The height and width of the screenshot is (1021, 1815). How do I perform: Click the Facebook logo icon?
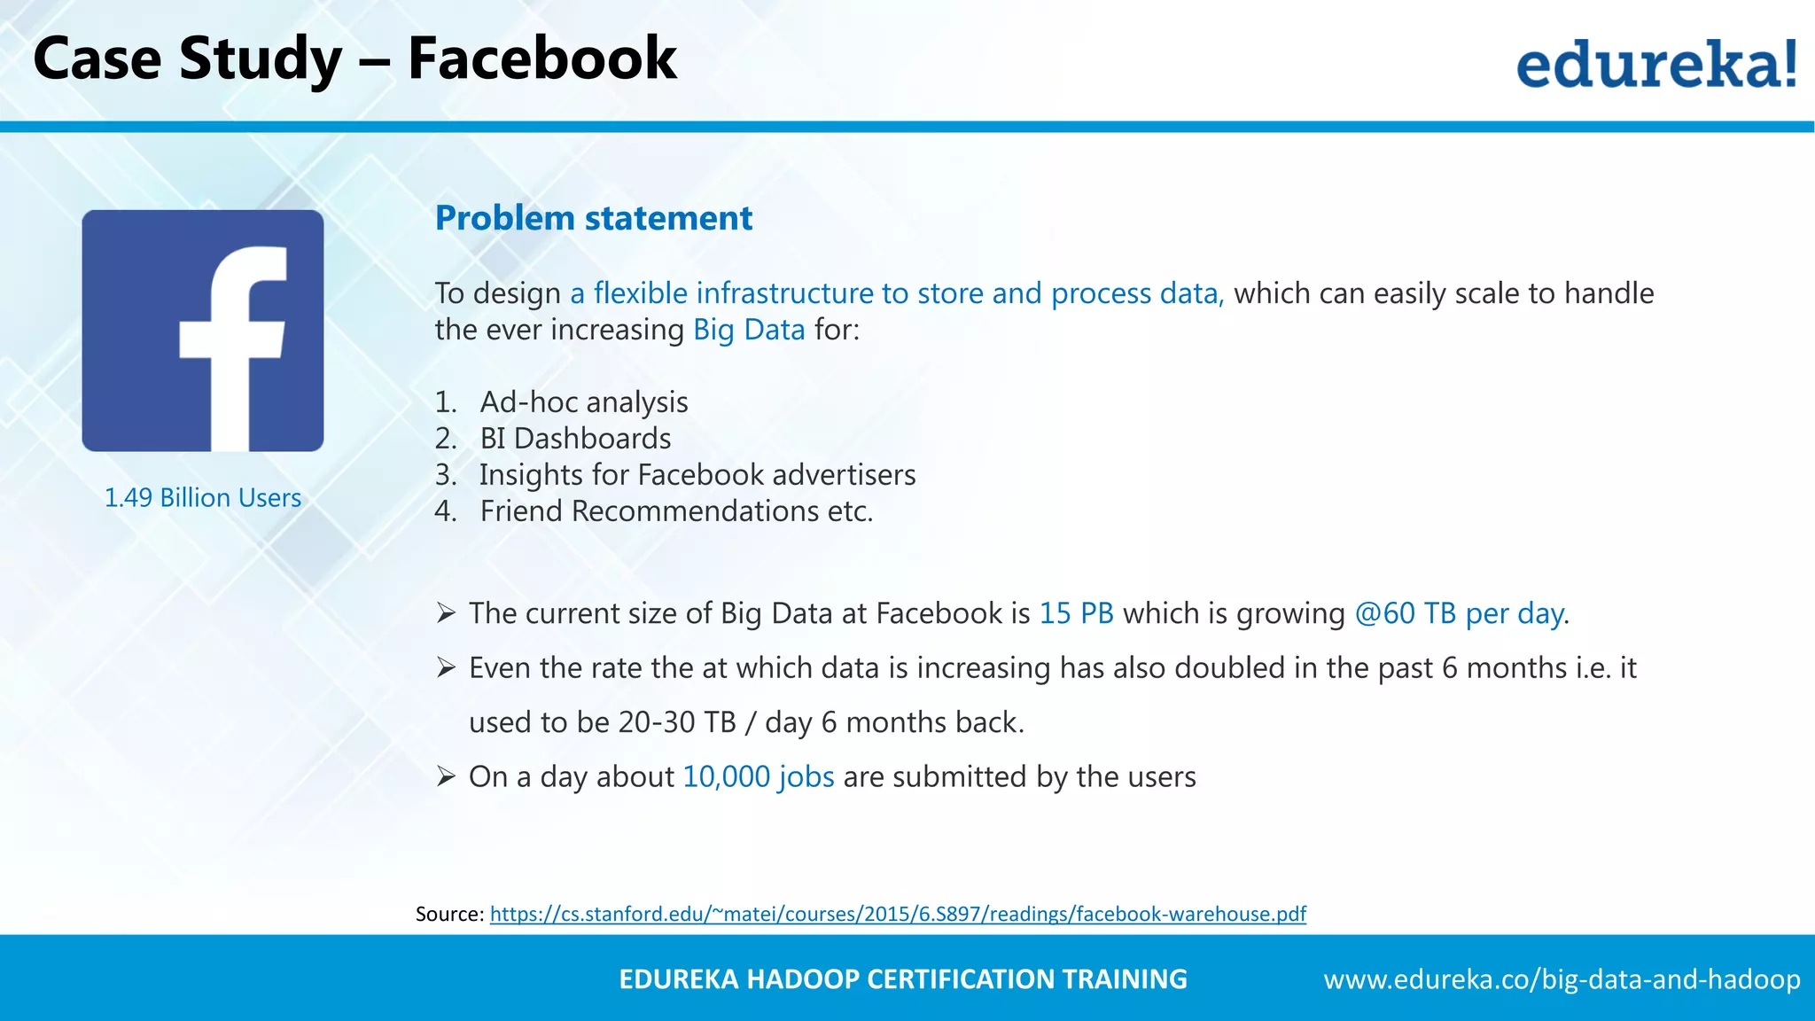coord(203,331)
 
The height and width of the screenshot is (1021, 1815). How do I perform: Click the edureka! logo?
coord(1656,64)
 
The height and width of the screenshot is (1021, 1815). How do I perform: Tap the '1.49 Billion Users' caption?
coord(203,498)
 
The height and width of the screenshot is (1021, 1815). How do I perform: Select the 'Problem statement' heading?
coord(593,218)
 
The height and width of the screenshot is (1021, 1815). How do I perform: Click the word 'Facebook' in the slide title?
coord(541,58)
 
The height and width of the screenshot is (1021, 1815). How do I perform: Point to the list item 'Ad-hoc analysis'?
coord(584,402)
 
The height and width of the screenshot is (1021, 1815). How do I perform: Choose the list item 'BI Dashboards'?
coord(575,439)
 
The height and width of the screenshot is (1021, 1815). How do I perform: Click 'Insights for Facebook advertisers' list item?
coord(697,475)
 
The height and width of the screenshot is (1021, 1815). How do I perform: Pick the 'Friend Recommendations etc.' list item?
coord(676,511)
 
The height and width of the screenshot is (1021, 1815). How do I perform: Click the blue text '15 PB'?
coord(1076,613)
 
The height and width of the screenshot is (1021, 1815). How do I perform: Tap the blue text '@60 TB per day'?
coord(1459,613)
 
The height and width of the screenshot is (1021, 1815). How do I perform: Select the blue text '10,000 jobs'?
coord(759,777)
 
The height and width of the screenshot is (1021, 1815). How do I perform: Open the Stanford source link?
coord(898,914)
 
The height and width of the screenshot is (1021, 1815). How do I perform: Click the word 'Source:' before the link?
coord(450,914)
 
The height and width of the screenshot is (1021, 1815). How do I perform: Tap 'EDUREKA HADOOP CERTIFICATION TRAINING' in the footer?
coord(902,979)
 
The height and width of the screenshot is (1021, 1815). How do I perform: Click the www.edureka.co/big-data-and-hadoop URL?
coord(1562,979)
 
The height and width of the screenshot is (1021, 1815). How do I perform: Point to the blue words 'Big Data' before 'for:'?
coord(749,330)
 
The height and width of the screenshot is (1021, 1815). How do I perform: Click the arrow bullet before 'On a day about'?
coord(446,777)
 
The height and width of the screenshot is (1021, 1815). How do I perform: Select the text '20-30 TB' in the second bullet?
coord(677,722)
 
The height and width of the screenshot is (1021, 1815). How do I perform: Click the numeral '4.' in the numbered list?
coord(446,511)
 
